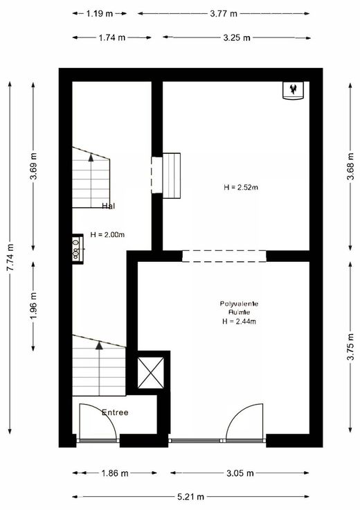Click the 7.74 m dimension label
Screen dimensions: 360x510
coord(10,257)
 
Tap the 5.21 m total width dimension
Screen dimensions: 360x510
coord(190,497)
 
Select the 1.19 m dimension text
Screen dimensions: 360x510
coord(100,14)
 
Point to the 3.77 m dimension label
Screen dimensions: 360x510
coord(224,14)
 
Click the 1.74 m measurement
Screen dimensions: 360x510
coord(111,37)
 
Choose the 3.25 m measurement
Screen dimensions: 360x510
coord(237,37)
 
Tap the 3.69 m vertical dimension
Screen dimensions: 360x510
coord(33,166)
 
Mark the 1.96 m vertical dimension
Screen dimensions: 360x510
coord(33,306)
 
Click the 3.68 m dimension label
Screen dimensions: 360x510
coord(350,166)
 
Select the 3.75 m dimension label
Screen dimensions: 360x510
coord(350,346)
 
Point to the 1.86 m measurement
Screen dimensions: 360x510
coord(115,473)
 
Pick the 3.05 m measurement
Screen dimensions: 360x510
coord(240,473)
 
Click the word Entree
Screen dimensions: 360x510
coord(115,412)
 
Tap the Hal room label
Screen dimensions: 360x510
coord(108,206)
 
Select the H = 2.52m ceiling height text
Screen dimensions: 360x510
coord(241,187)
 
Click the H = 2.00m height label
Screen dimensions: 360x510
coord(107,234)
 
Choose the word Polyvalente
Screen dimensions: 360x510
coord(239,304)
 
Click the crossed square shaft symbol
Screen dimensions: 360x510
coord(151,373)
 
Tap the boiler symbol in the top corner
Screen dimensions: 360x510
coord(293,90)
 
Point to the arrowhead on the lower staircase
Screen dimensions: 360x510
coord(99,345)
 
